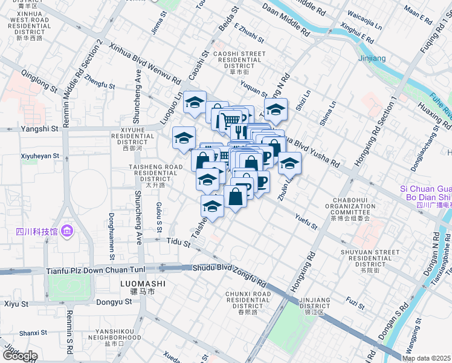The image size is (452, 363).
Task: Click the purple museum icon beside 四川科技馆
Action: click(x=67, y=231)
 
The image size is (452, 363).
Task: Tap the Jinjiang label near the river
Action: click(x=372, y=59)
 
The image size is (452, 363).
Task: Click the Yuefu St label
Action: click(x=306, y=221)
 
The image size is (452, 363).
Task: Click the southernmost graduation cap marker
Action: click(x=212, y=207)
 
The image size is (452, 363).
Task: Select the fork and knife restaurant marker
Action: click(x=239, y=131)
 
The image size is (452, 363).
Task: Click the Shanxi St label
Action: click(x=33, y=333)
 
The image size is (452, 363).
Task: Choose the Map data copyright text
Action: click(x=427, y=358)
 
